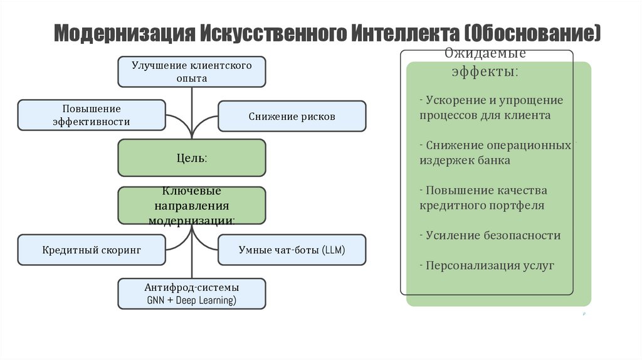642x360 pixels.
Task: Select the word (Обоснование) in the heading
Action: pyautogui.click(x=533, y=33)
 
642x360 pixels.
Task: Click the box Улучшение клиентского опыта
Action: pyautogui.click(x=192, y=71)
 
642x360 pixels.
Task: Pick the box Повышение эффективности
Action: pyautogui.click(x=92, y=115)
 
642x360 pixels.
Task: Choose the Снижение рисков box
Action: pyautogui.click(x=292, y=116)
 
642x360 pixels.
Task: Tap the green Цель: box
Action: pyautogui.click(x=192, y=157)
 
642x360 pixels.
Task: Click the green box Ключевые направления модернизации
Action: pyautogui.click(x=192, y=205)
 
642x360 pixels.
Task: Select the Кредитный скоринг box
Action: pyautogui.click(x=92, y=250)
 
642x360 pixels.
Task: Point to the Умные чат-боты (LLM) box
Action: pyautogui.click(x=292, y=250)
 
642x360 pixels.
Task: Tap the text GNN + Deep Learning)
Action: pyautogui.click(x=192, y=301)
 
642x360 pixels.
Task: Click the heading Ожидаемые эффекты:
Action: pyautogui.click(x=485, y=62)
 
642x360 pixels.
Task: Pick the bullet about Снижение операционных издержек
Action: pyautogui.click(x=495, y=152)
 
